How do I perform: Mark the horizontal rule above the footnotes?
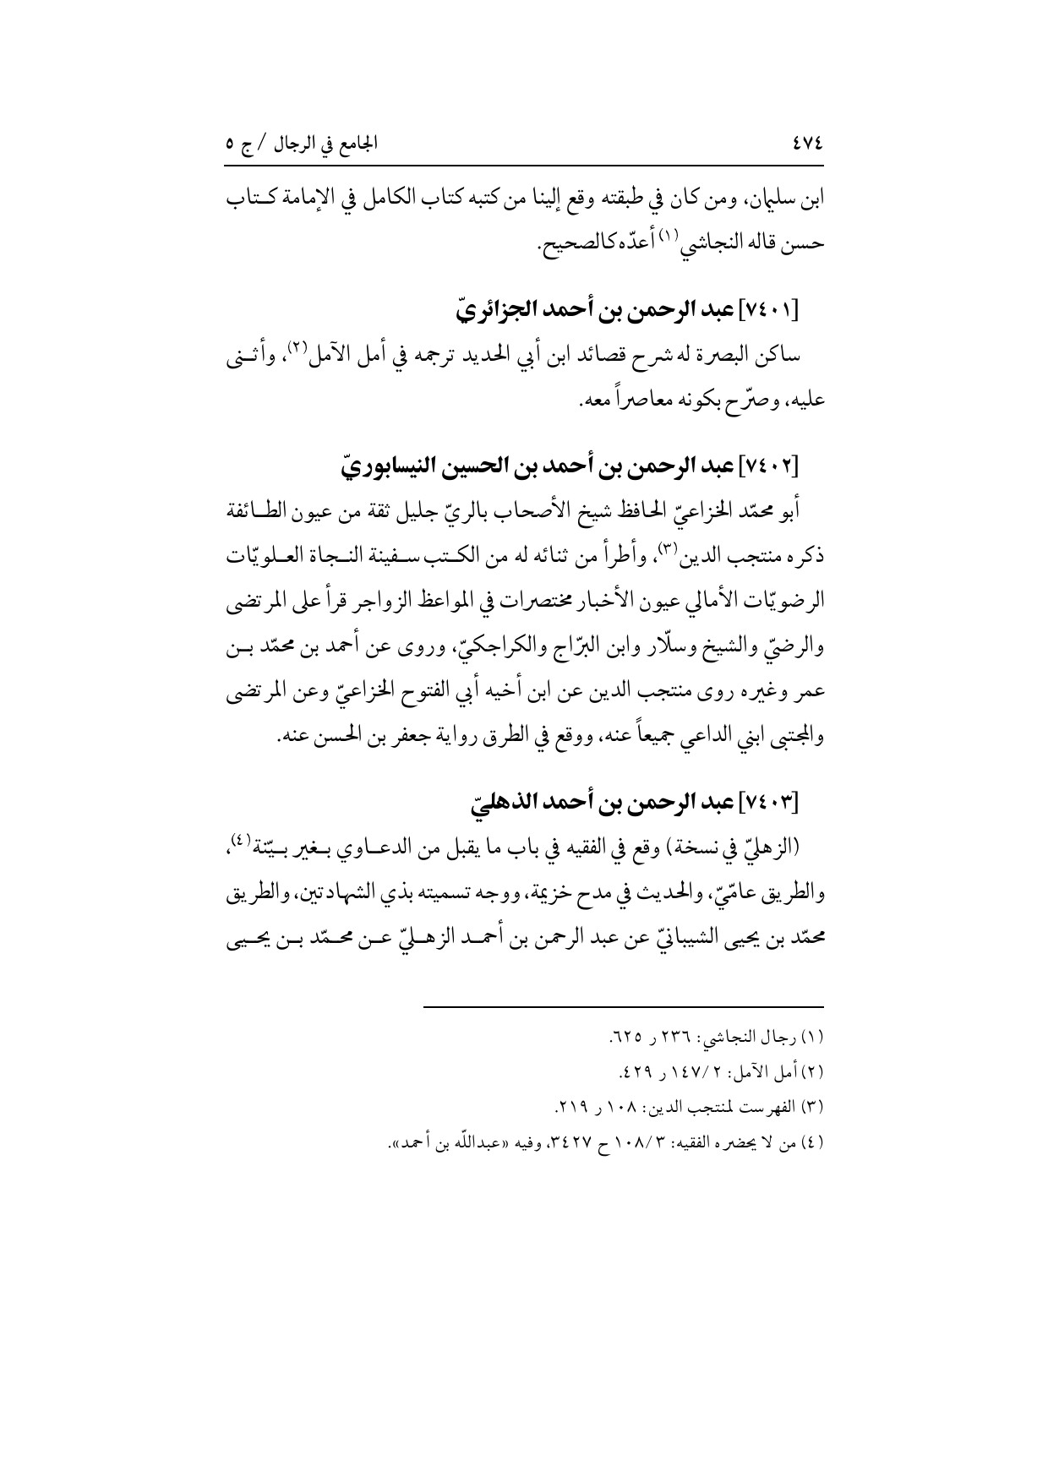tap(622, 1007)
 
